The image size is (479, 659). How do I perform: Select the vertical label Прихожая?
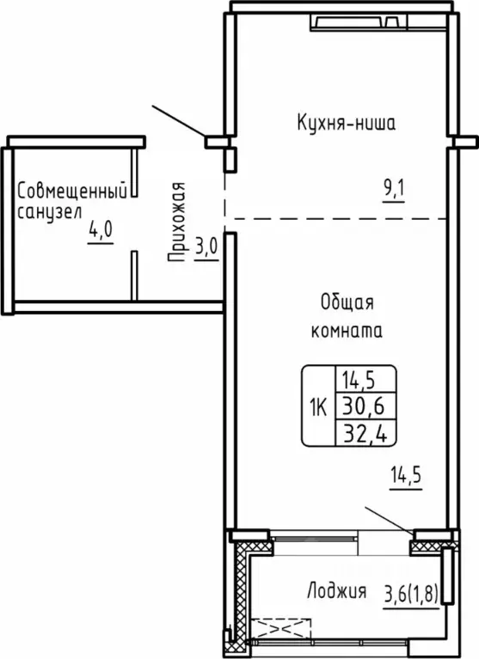click(178, 221)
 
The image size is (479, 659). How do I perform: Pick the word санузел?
click(49, 211)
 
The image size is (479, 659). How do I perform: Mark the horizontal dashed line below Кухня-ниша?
click(335, 218)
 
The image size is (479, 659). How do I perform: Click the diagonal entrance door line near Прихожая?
click(180, 121)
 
